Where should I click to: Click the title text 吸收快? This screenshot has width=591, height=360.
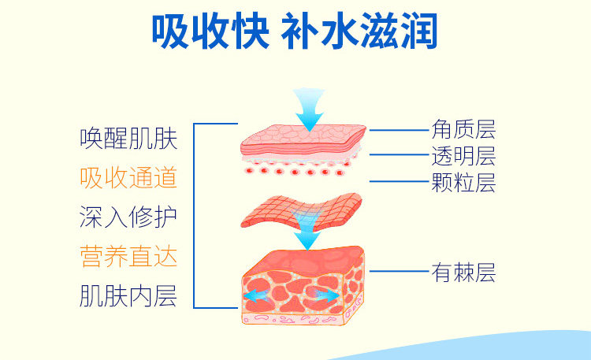(x=210, y=31)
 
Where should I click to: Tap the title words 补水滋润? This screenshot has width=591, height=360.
(x=359, y=31)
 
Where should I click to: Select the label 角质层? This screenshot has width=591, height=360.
(x=463, y=129)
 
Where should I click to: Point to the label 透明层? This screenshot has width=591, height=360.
(x=463, y=156)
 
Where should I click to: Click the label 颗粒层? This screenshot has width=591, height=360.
(x=463, y=183)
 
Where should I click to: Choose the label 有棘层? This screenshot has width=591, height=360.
(x=463, y=273)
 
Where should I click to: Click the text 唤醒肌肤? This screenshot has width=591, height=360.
(x=128, y=139)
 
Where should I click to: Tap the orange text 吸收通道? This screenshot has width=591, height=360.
(x=128, y=177)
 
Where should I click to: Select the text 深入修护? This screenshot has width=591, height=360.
(x=128, y=217)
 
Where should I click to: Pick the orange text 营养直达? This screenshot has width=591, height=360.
(x=128, y=256)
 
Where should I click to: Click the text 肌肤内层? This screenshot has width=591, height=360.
(x=128, y=296)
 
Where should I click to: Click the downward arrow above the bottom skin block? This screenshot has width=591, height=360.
(x=307, y=234)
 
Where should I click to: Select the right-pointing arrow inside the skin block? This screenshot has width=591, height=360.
(x=325, y=295)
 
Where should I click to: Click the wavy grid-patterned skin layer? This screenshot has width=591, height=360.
(x=302, y=211)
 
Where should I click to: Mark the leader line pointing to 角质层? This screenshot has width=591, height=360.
(x=399, y=130)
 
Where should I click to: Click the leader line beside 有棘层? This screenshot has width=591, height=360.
(x=399, y=271)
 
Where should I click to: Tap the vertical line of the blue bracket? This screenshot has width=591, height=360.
(x=194, y=216)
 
